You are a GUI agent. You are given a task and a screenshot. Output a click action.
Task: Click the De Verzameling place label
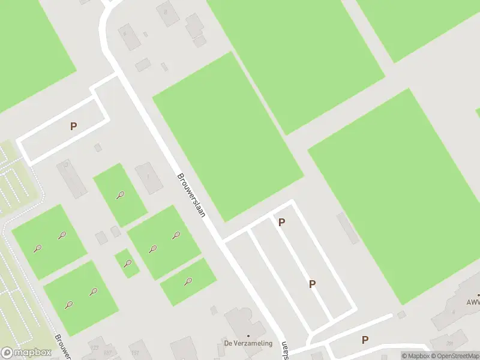tap(248, 344)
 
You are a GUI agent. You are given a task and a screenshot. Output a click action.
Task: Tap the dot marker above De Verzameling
tap(248, 336)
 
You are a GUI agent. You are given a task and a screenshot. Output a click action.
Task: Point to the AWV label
tap(473, 303)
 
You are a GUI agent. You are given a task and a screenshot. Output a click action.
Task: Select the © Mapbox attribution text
tap(415, 356)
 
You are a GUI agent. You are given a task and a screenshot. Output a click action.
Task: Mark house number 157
tap(108, 352)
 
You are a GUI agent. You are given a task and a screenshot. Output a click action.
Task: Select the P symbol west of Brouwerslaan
tap(73, 127)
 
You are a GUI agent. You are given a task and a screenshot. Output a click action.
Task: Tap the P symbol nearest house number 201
tap(365, 340)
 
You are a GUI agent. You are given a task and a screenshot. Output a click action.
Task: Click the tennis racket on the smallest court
tap(127, 263)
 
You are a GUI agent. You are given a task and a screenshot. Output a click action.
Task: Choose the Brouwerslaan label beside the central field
tap(191, 196)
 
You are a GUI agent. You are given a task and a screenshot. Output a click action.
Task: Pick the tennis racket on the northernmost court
tap(121, 194)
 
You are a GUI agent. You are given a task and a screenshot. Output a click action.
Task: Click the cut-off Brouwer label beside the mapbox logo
tap(62, 348)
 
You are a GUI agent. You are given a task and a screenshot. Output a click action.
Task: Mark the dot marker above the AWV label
tap(478, 295)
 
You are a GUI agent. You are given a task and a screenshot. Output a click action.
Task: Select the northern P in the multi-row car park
tap(281, 223)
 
